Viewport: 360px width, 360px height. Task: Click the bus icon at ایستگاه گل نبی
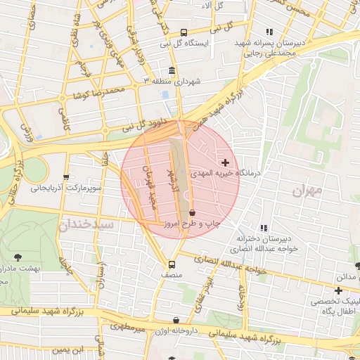pos(184,32)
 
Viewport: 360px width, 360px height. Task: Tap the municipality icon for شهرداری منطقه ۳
pos(173,72)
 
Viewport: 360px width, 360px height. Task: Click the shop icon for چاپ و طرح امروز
pos(192,212)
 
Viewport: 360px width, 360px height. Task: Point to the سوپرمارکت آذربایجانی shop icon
pos(66,177)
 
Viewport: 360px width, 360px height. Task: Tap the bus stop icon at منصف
pos(172,264)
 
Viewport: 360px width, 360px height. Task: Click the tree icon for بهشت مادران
pos(18,258)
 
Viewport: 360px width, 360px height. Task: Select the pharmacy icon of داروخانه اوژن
pos(176,321)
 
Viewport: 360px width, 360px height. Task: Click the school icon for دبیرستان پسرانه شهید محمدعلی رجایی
pos(269,32)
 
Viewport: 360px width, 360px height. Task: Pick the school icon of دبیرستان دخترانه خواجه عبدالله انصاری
pos(264,228)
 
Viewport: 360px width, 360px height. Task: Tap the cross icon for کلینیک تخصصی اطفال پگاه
pos(338,290)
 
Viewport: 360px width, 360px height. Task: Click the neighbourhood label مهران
pos(307,190)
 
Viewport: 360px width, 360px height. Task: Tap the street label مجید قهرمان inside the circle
pos(150,186)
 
